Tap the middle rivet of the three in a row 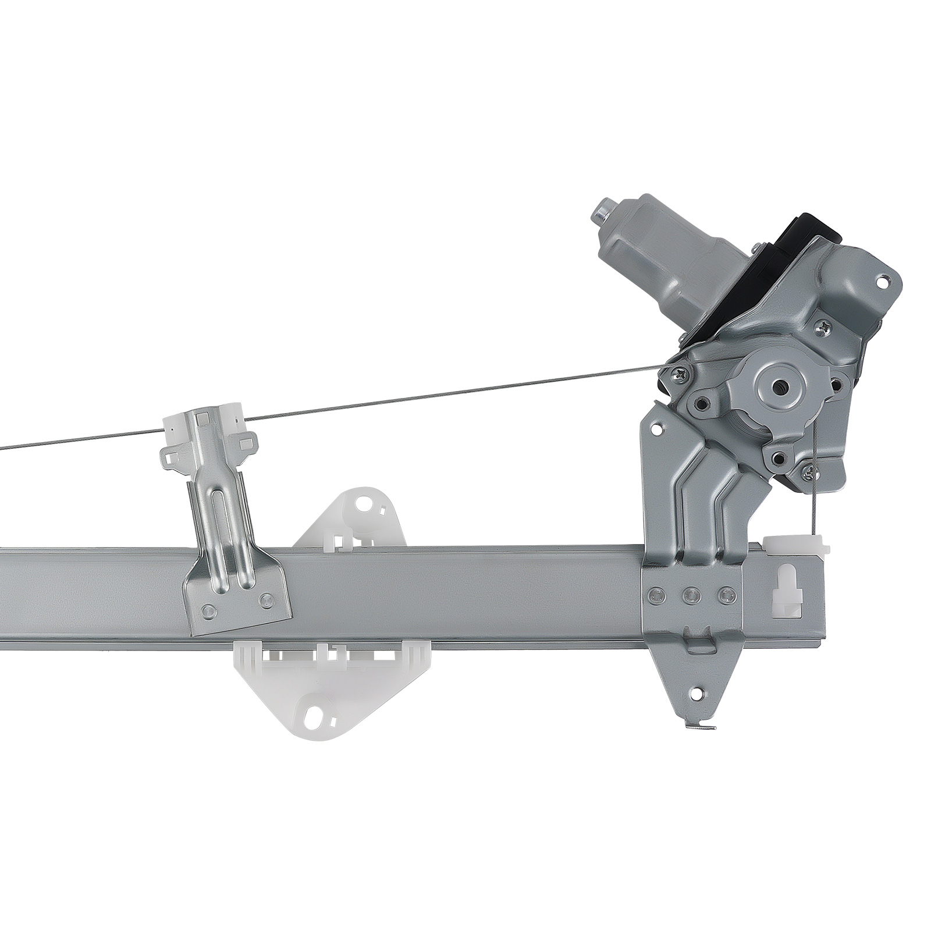click(691, 594)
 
